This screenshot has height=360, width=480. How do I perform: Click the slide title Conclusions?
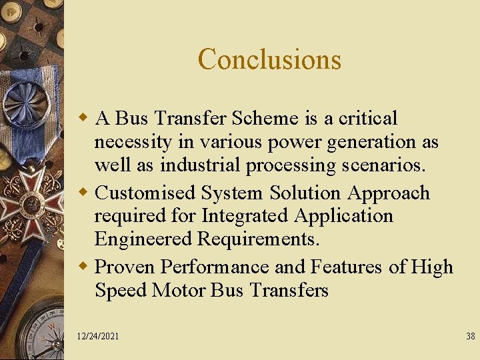coord(269,59)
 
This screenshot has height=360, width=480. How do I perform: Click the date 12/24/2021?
coord(97,337)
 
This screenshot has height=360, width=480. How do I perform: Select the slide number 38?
coord(470,337)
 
